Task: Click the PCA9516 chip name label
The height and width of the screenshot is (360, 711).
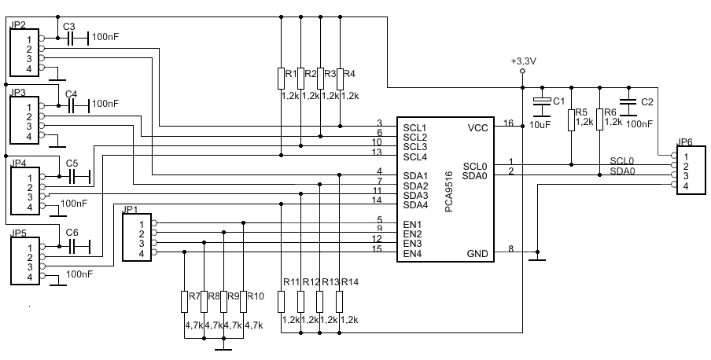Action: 448,191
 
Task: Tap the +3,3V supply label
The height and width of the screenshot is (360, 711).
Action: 523,61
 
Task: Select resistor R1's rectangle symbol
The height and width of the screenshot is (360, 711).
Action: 281,79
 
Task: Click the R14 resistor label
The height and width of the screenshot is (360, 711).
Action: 350,282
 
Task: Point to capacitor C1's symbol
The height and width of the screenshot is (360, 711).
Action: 541,101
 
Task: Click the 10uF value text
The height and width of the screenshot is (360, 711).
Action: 540,124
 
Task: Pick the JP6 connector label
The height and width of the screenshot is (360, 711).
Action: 684,142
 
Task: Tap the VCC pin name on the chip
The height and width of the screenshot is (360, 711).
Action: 478,128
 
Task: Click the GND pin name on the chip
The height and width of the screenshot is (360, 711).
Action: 477,254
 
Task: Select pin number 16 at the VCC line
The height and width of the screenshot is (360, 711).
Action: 508,123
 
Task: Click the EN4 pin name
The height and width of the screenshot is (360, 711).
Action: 412,254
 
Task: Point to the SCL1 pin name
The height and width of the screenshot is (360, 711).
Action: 415,128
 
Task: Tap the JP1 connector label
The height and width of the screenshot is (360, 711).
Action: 131,209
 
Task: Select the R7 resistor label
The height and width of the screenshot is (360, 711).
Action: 194,296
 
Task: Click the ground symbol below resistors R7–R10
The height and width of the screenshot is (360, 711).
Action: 223,350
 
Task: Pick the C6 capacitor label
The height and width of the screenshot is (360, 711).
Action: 72,233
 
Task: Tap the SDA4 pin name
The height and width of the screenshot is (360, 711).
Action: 415,205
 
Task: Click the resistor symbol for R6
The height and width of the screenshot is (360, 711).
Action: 599,119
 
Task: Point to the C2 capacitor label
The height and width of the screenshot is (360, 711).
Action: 647,102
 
